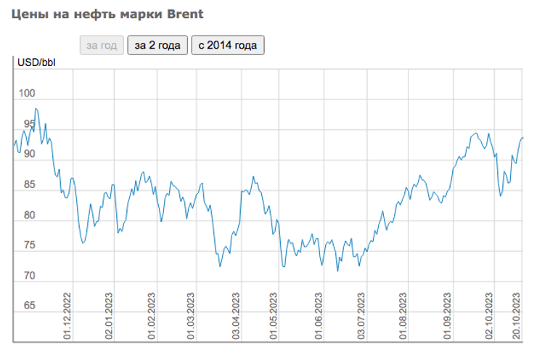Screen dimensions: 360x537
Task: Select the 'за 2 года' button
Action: [157, 45]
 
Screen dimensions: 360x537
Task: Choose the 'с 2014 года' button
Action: [228, 45]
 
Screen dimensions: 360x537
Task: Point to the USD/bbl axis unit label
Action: [36, 61]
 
